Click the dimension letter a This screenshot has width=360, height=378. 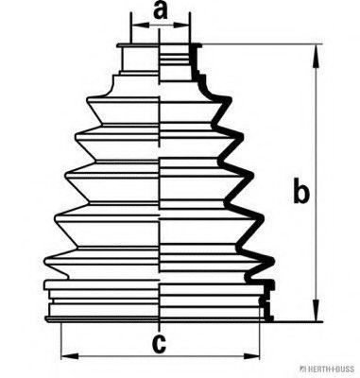tap(161, 11)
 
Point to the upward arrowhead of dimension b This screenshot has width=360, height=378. tap(316, 56)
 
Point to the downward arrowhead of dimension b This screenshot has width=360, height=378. tap(316, 310)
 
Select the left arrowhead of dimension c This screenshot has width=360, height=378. tap(70, 356)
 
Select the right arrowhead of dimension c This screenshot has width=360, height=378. tap(251, 356)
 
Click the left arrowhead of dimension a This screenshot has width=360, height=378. tap(140, 25)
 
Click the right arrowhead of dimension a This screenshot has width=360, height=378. tap(181, 25)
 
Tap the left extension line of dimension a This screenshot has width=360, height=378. tap(131, 28)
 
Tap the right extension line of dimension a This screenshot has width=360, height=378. tap(190, 28)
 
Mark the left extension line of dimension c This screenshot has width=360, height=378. tap(60, 341)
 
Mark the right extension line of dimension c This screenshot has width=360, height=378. tap(260, 331)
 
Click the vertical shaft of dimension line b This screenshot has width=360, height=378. tap(316, 183)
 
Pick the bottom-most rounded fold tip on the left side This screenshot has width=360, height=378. tap(46, 261)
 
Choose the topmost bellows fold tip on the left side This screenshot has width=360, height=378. tap(88, 101)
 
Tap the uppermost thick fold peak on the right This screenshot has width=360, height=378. tap(230, 101)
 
